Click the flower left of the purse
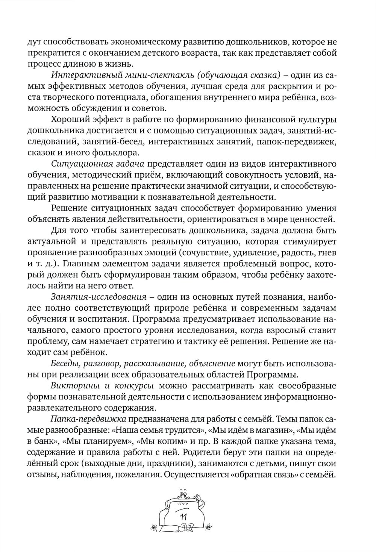154,526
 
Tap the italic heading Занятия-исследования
99,297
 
